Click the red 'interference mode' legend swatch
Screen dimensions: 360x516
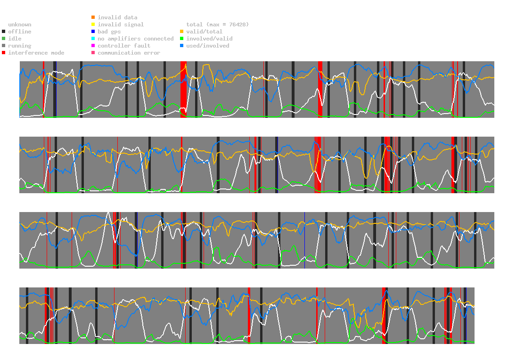pyautogui.click(x=3, y=53)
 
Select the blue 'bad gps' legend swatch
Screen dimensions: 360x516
pyautogui.click(x=93, y=32)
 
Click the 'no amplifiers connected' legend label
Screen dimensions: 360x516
pyautogui.click(x=136, y=39)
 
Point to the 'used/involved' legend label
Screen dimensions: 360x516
pyautogui.click(x=208, y=46)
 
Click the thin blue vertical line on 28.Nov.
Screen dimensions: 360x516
pyautogui.click(x=304, y=240)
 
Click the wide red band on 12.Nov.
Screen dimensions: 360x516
pyautogui.click(x=183, y=90)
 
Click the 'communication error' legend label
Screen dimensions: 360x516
pyautogui.click(x=129, y=53)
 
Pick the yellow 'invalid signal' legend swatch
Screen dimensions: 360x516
pyautogui.click(x=93, y=25)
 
